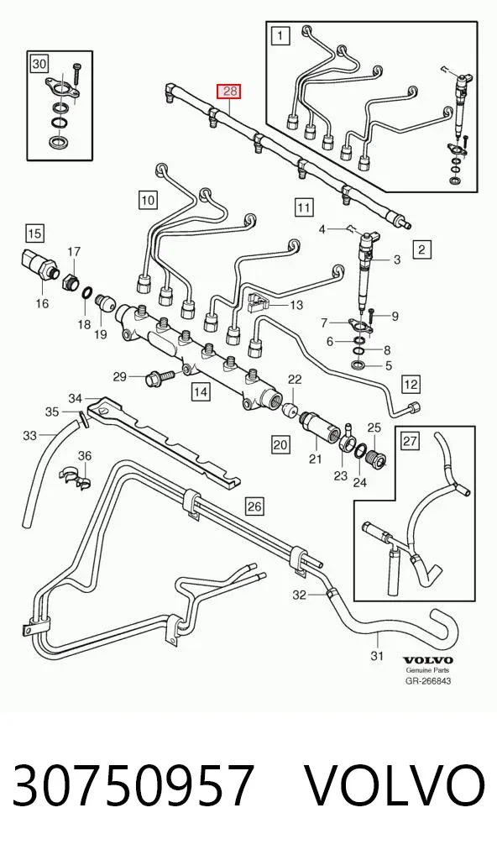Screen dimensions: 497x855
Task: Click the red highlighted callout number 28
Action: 230,91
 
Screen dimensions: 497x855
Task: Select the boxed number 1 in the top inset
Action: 280,36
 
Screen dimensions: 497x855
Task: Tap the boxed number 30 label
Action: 39,65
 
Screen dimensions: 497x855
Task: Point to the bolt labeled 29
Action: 159,376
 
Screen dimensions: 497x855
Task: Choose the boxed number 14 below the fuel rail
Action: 201,391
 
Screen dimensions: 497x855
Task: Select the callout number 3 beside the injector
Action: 397,260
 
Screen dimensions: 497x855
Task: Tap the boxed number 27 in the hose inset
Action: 411,440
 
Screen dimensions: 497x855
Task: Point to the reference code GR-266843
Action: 428,680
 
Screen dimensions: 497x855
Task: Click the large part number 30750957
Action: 133,784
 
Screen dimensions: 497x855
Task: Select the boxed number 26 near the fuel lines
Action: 254,506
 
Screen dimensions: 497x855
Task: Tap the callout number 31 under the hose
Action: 377,655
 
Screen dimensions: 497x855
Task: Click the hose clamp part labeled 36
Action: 75,475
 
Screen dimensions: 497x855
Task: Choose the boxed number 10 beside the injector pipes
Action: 149,200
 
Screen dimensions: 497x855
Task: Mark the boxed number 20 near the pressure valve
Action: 280,445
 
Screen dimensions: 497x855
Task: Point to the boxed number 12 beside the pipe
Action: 411,385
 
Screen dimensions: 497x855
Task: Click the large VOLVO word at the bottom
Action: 394,784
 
